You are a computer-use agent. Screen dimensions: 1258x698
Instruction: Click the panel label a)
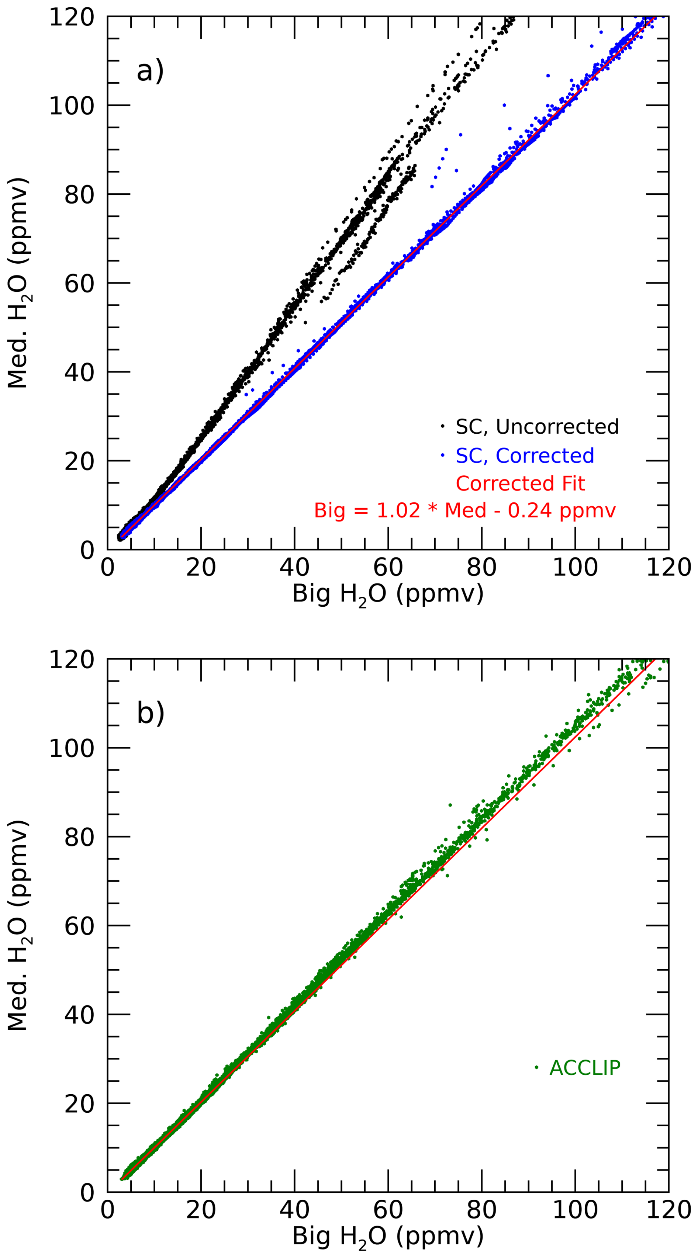coord(150,71)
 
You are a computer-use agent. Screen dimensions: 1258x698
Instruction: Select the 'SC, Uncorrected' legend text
coord(537,427)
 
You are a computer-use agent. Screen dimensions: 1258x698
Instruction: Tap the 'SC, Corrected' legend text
coord(525,455)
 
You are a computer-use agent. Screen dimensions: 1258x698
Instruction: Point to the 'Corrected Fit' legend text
coord(520,484)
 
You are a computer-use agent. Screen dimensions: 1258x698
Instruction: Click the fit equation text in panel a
coord(464,511)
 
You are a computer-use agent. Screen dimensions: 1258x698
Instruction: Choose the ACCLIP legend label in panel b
coord(585,1068)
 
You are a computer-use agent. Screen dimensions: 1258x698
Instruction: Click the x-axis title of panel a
coord(388,594)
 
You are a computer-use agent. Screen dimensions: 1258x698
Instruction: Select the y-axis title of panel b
coord(18,925)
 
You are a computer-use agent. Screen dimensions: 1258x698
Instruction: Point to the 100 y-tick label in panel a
coord(71,105)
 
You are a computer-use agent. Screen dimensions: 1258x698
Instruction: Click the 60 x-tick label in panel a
coord(388,568)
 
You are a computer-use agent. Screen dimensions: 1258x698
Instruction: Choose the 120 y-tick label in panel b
coord(71,660)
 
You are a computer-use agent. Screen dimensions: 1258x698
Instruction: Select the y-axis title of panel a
coord(18,283)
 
